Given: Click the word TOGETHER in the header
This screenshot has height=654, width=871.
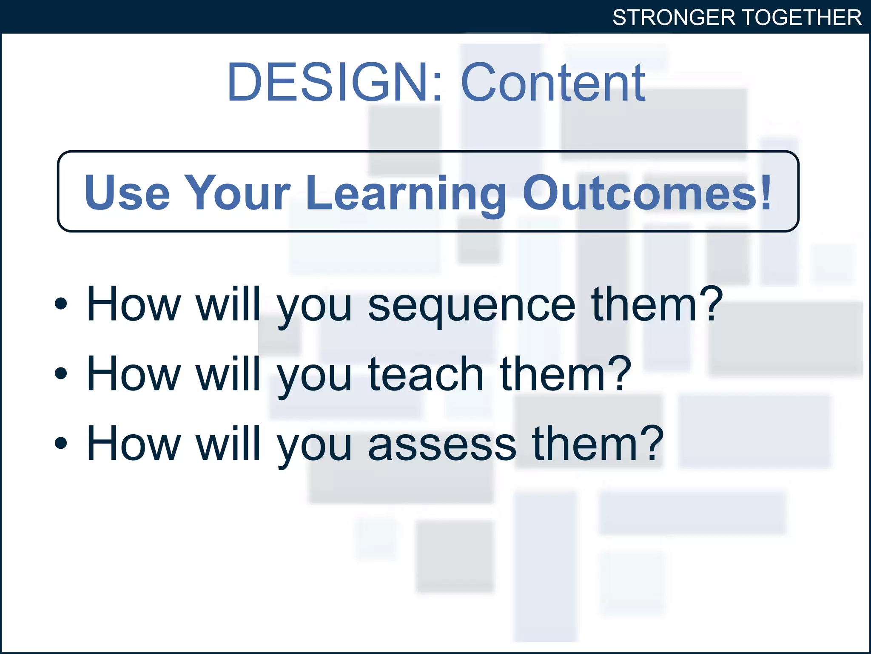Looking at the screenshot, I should [802, 18].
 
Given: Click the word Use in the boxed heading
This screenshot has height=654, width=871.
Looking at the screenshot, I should [127, 193].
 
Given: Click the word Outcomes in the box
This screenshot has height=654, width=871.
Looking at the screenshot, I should [640, 193].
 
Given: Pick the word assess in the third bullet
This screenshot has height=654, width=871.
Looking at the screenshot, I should [442, 444].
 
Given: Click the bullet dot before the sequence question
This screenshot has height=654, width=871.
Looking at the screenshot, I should [61, 304].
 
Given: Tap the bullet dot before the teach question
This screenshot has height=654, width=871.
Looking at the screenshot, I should [61, 373].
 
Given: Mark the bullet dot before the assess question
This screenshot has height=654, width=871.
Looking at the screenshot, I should [61, 443].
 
